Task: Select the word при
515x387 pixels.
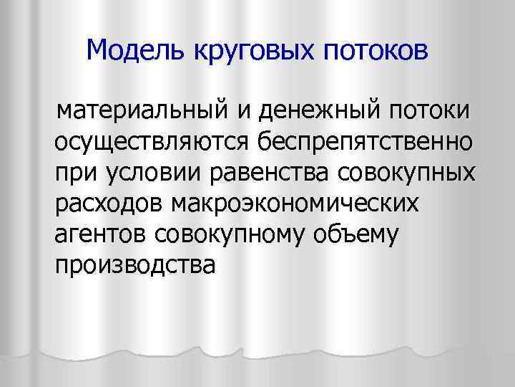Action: point(73,174)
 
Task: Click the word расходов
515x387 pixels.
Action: point(107,206)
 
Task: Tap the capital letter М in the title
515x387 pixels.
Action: point(96,51)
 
